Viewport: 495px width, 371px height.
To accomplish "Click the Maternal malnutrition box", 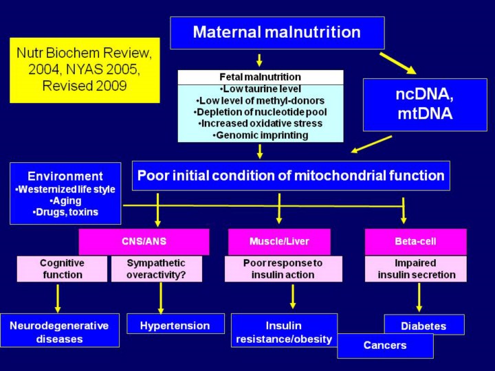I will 277,32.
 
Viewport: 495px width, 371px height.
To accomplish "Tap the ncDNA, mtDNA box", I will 425,104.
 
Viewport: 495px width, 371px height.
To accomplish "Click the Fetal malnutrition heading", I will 260,77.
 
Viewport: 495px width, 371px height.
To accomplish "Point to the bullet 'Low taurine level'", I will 260,89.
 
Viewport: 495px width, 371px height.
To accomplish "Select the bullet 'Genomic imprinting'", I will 260,135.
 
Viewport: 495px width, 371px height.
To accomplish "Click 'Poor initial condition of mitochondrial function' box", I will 291,175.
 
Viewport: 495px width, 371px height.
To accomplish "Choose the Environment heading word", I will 65,176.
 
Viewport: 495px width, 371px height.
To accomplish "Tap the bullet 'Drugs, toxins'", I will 65,212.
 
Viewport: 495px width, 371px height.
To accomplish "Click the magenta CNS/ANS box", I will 144,242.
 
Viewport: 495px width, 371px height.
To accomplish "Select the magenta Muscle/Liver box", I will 279,242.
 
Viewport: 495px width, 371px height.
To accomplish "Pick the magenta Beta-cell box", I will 415,242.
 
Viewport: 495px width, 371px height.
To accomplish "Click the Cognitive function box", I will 62,269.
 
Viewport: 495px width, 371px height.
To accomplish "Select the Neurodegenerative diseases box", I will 60,332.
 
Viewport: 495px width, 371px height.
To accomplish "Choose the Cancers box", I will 385,346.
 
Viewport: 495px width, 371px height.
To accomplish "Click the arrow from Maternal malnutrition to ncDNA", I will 398,63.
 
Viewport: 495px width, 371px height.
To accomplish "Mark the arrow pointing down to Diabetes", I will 419,297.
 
